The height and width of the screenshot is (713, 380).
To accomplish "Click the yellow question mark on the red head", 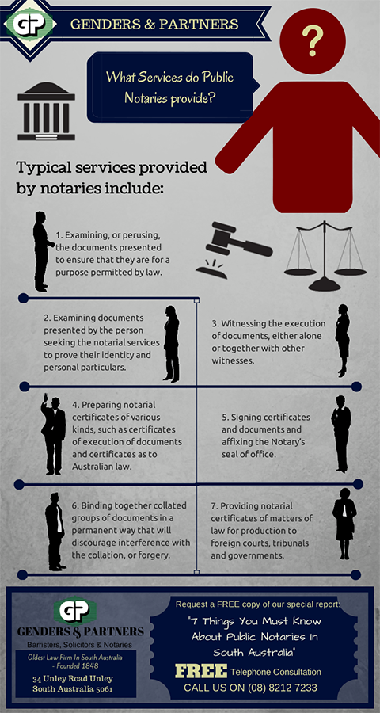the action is pos(313,40).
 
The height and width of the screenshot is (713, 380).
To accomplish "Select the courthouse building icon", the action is pos(47,111).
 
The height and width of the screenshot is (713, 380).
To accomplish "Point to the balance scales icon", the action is pos(325,256).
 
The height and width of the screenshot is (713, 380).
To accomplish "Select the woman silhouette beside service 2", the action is pos(171,344).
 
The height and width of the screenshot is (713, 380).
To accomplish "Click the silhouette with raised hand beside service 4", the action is pos(53,434).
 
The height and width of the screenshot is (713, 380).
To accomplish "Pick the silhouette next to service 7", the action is pos(344,524).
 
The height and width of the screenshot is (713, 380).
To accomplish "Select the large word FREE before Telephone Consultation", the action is pos(201,671).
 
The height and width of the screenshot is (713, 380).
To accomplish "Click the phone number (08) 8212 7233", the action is pos(283,688).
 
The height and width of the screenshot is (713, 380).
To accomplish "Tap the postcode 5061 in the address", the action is pos(103,689).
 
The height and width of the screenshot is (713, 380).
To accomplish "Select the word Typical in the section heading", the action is pos(44,168).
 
